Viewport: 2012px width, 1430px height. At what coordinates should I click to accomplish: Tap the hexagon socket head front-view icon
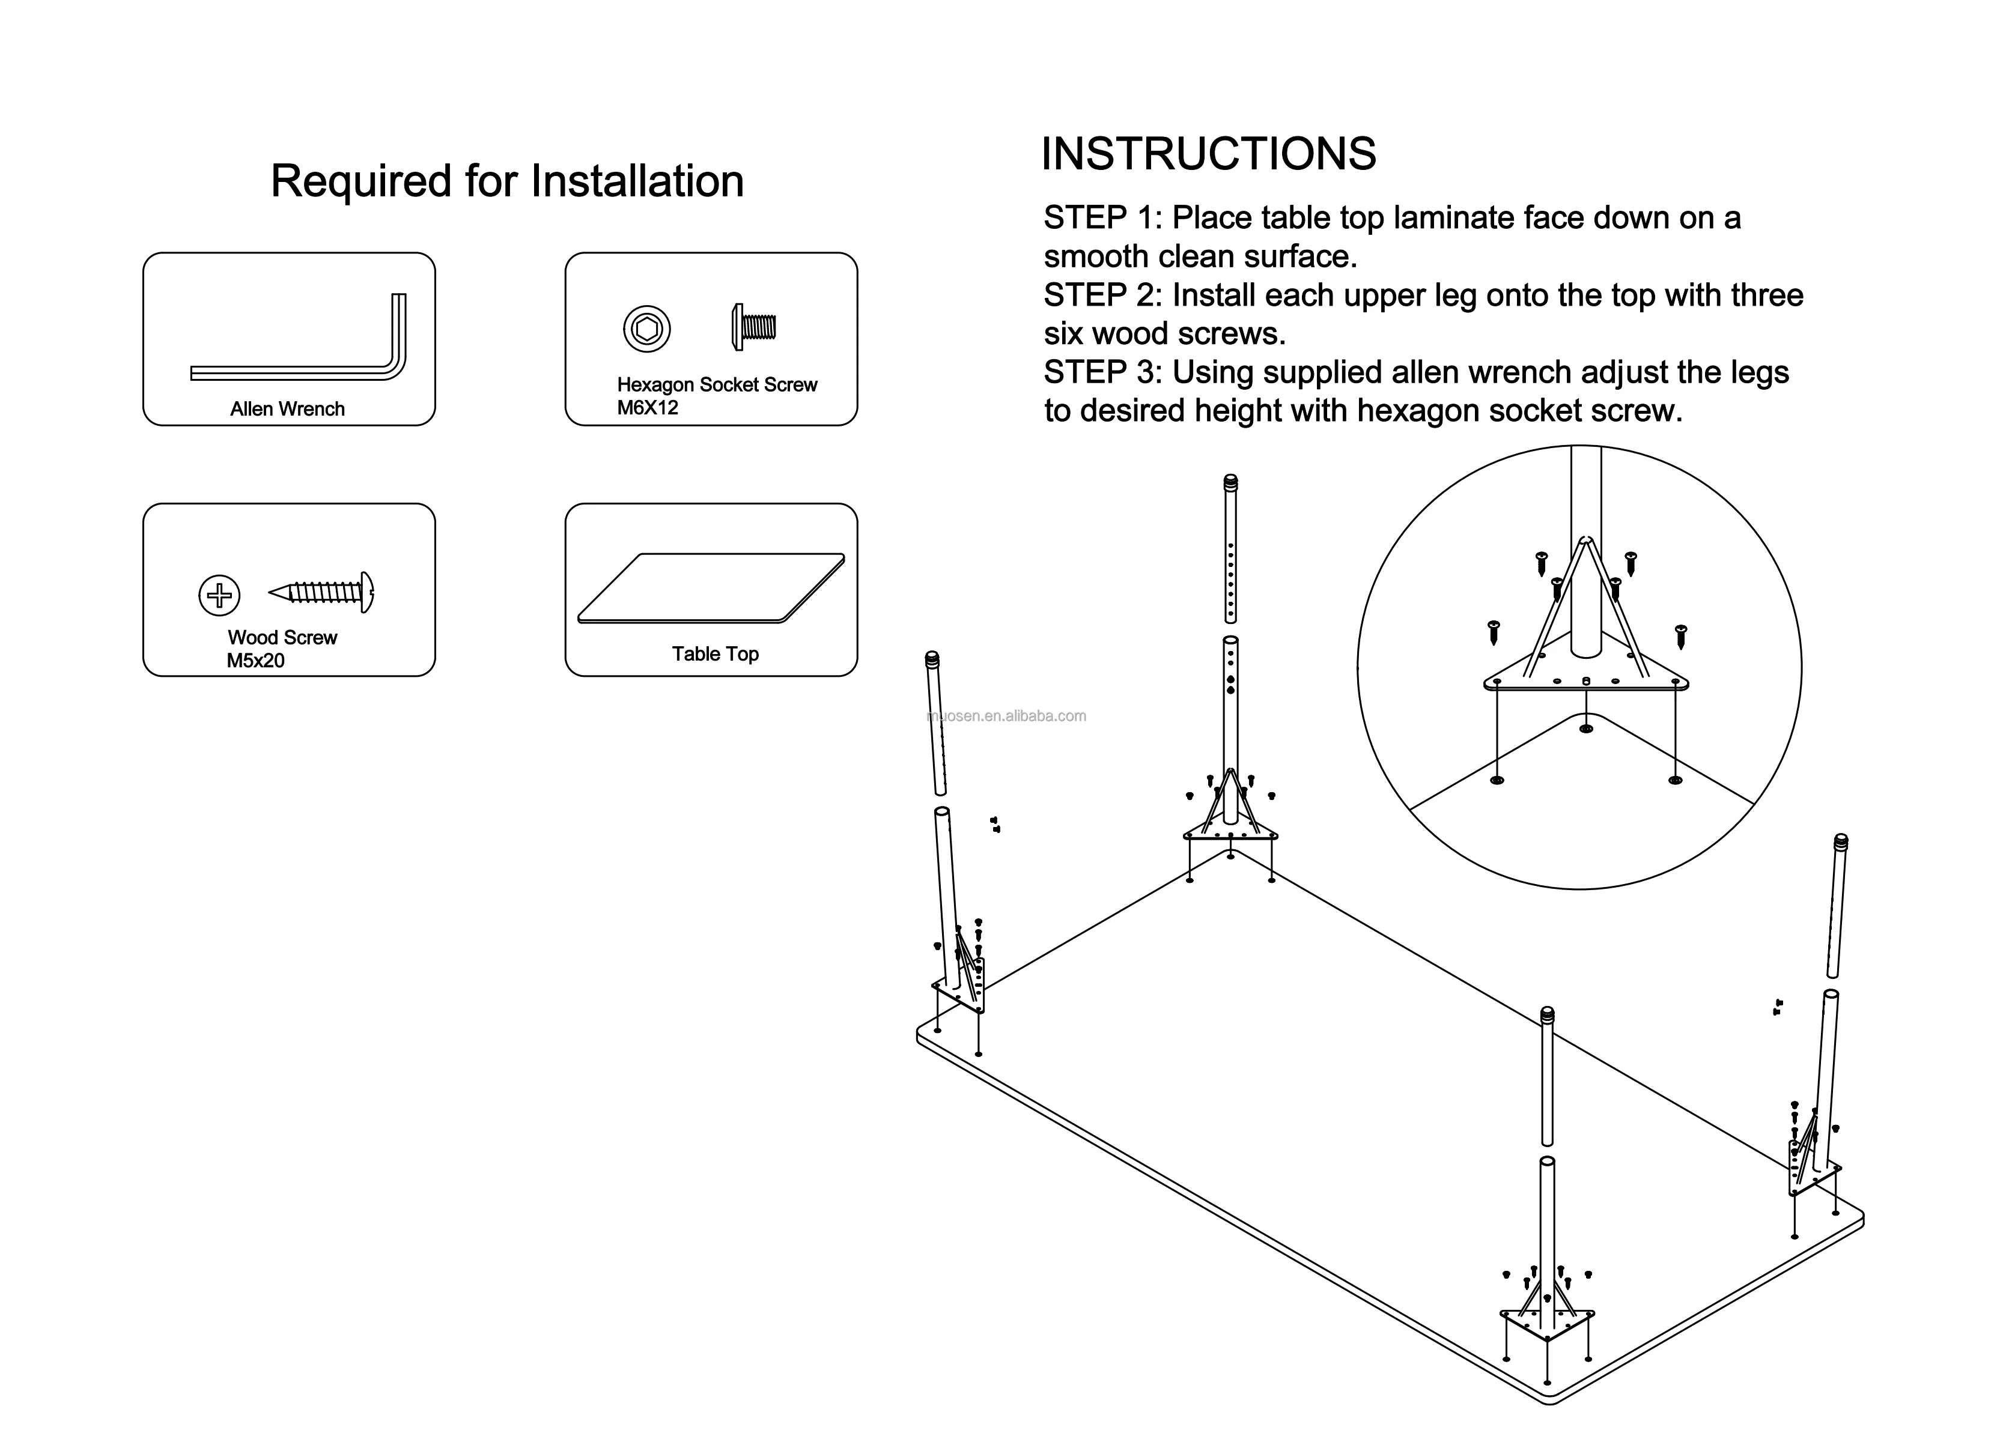(646, 329)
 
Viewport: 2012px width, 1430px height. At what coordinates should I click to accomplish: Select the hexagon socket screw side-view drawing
(753, 327)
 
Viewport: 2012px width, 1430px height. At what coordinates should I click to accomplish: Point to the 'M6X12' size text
(648, 408)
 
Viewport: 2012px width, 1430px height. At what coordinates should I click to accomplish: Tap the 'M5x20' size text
(255, 661)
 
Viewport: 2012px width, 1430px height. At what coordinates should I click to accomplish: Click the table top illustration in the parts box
(710, 587)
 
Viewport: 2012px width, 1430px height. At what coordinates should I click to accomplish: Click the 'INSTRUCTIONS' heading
(1208, 154)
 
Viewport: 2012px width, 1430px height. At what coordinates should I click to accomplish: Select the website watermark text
(1007, 716)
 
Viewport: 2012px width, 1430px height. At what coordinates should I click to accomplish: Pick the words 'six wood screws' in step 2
(1164, 334)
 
